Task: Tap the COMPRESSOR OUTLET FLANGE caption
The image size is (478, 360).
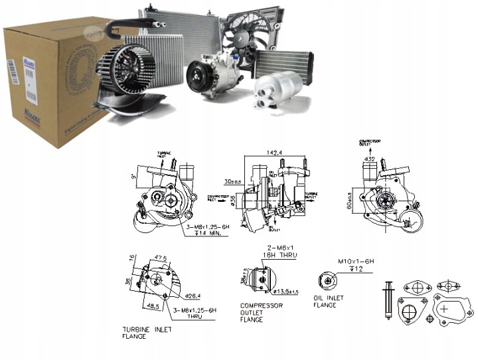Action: [x=261, y=312]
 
